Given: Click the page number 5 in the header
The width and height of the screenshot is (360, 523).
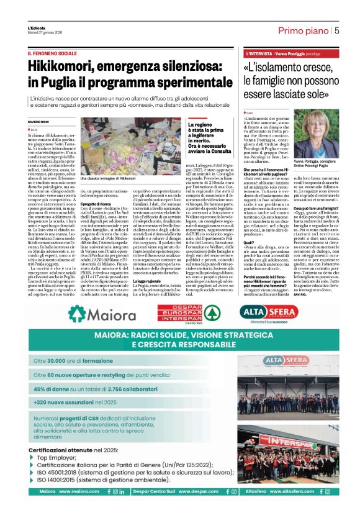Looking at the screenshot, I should click(x=337, y=30).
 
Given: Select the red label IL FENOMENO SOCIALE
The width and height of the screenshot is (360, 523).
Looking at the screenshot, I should click(x=52, y=54).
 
